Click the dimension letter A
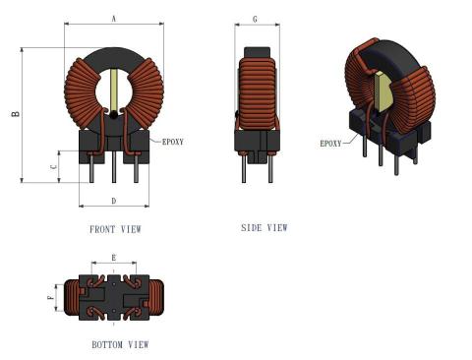click(114, 19)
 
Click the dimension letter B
click(16, 114)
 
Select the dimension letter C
click(54, 166)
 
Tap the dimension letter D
click(114, 201)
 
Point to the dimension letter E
click(114, 258)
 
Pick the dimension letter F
click(50, 298)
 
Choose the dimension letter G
click(255, 20)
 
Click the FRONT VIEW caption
click(115, 229)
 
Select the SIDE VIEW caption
click(265, 227)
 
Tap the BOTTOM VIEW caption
click(120, 344)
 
